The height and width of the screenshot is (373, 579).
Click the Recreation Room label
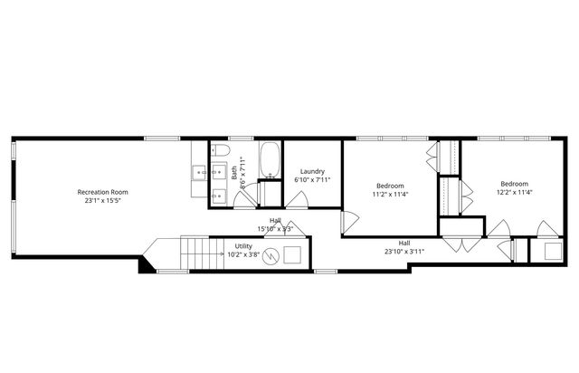[102, 192]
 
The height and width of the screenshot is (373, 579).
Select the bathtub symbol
[271, 159]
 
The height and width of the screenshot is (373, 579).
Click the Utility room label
[243, 245]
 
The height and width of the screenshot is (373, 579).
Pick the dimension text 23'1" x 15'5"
[102, 201]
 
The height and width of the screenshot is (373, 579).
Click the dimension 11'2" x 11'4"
[390, 193]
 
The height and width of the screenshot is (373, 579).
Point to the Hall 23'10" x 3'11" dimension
[403, 252]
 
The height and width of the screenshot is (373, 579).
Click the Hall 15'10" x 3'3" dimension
[275, 228]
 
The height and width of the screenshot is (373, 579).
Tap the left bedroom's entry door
[348, 220]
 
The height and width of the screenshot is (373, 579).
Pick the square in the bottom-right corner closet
[547, 252]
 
